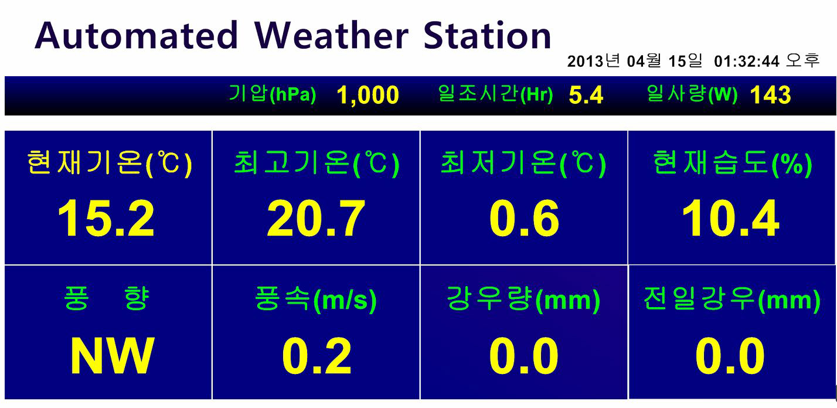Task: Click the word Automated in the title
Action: [136, 35]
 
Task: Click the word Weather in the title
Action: [331, 35]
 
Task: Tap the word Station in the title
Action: [487, 35]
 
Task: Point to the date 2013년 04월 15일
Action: [634, 61]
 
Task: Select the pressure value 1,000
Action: [368, 96]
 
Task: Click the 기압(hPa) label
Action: [273, 94]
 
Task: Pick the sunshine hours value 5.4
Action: [586, 95]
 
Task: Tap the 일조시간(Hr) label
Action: [495, 94]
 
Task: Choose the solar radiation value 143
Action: [771, 95]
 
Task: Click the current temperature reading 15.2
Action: [106, 218]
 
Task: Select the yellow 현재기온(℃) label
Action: [110, 164]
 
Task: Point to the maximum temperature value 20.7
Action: [316, 218]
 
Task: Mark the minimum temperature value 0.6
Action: [524, 218]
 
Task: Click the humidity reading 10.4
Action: [731, 218]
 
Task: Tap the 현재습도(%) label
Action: [733, 164]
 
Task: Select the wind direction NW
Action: [112, 355]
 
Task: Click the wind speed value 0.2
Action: [317, 355]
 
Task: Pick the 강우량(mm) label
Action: [523, 300]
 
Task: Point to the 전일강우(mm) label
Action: [731, 300]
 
